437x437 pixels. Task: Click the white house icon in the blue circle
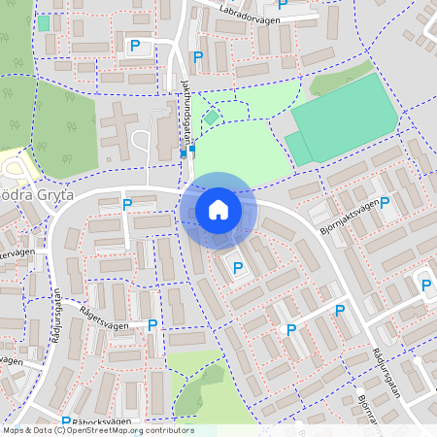tap(218, 210)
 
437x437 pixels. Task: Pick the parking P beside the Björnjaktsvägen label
tap(385, 203)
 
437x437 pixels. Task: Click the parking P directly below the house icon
tap(238, 267)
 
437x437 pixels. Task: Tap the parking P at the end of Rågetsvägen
tap(152, 325)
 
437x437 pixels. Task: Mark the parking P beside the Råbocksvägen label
tap(66, 422)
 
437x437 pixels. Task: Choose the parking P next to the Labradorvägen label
tap(284, 3)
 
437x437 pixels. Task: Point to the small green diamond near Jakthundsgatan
tap(212, 118)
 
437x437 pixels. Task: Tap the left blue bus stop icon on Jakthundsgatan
tap(184, 152)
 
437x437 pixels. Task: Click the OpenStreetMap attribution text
tap(98, 430)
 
